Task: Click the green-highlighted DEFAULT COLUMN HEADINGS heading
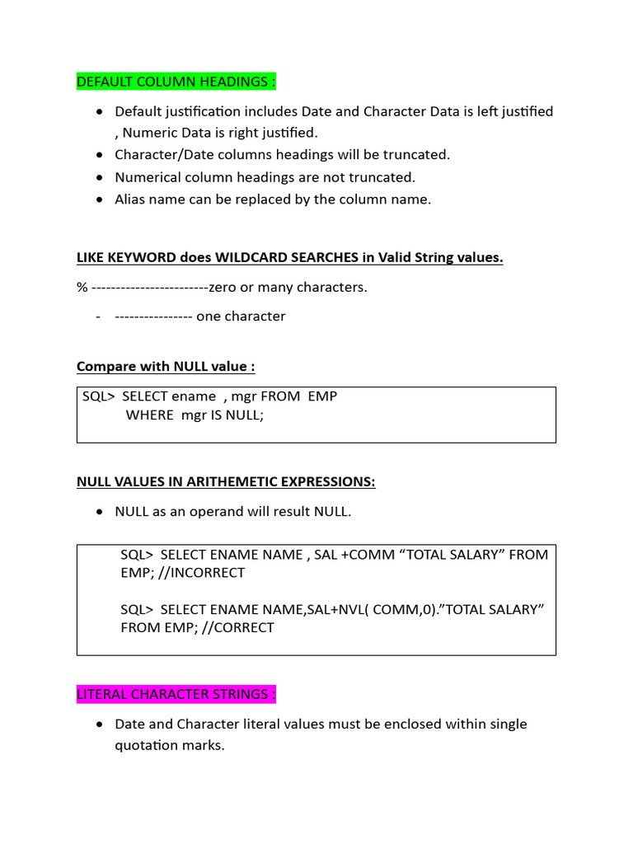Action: [176, 82]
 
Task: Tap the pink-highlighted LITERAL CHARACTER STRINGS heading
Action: [176, 694]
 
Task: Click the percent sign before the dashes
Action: [82, 287]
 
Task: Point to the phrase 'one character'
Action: [241, 316]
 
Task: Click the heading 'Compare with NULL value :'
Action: [166, 366]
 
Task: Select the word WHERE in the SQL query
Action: [149, 415]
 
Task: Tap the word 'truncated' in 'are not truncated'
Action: [380, 176]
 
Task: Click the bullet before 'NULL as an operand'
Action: [100, 512]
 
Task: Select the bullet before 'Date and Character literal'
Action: [100, 724]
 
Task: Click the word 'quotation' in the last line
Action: [146, 745]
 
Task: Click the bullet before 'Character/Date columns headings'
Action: [100, 155]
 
